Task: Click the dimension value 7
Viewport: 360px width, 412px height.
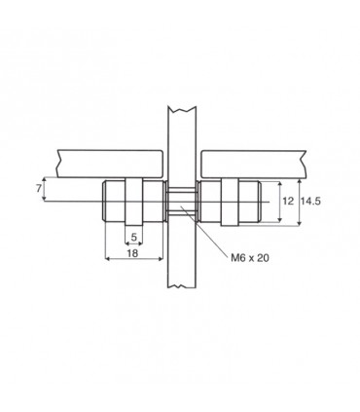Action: coord(39,188)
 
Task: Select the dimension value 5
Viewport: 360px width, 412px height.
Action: coord(134,238)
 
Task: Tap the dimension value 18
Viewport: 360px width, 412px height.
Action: coord(132,253)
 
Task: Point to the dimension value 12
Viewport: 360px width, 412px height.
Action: coord(288,201)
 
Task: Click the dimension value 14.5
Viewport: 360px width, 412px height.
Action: coord(310,201)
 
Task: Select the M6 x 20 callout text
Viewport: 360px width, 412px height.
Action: coord(250,258)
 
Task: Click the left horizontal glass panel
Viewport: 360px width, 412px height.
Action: coord(110,164)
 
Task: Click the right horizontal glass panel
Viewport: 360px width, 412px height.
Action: coord(254,164)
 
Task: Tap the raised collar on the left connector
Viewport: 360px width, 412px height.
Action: coord(133,202)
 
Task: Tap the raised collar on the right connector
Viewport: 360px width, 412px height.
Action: coord(230,202)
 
